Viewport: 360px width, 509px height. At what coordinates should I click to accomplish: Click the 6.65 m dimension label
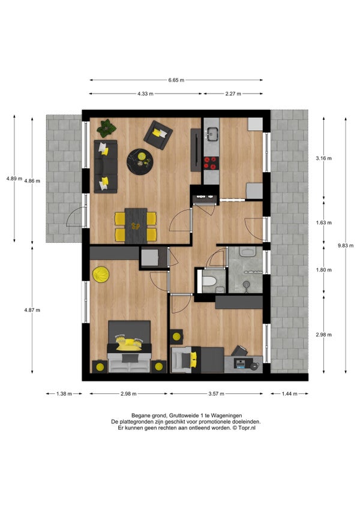(x=176, y=80)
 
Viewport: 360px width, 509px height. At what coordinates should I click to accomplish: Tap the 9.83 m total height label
(x=346, y=245)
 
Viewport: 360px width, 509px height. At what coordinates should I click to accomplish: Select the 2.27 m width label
(x=233, y=94)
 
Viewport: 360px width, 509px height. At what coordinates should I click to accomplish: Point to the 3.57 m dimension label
(x=216, y=394)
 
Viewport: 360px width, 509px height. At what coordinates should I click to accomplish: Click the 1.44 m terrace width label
(x=289, y=394)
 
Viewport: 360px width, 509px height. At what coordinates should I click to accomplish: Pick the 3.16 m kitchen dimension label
(x=324, y=158)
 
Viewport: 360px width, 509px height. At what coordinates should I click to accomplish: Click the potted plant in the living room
(x=106, y=128)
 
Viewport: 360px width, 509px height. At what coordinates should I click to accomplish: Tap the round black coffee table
(x=140, y=162)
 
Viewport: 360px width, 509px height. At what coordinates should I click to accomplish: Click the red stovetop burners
(x=211, y=163)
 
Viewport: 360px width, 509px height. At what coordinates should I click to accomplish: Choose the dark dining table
(x=136, y=226)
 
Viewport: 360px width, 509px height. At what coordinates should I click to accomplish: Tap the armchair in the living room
(x=158, y=135)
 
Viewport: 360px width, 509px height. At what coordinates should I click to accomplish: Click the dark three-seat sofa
(x=106, y=167)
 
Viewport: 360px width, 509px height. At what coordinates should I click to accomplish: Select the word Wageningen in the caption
(x=226, y=415)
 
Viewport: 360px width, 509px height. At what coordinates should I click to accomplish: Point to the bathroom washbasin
(x=248, y=251)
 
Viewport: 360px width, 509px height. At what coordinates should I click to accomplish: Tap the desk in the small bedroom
(x=243, y=365)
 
